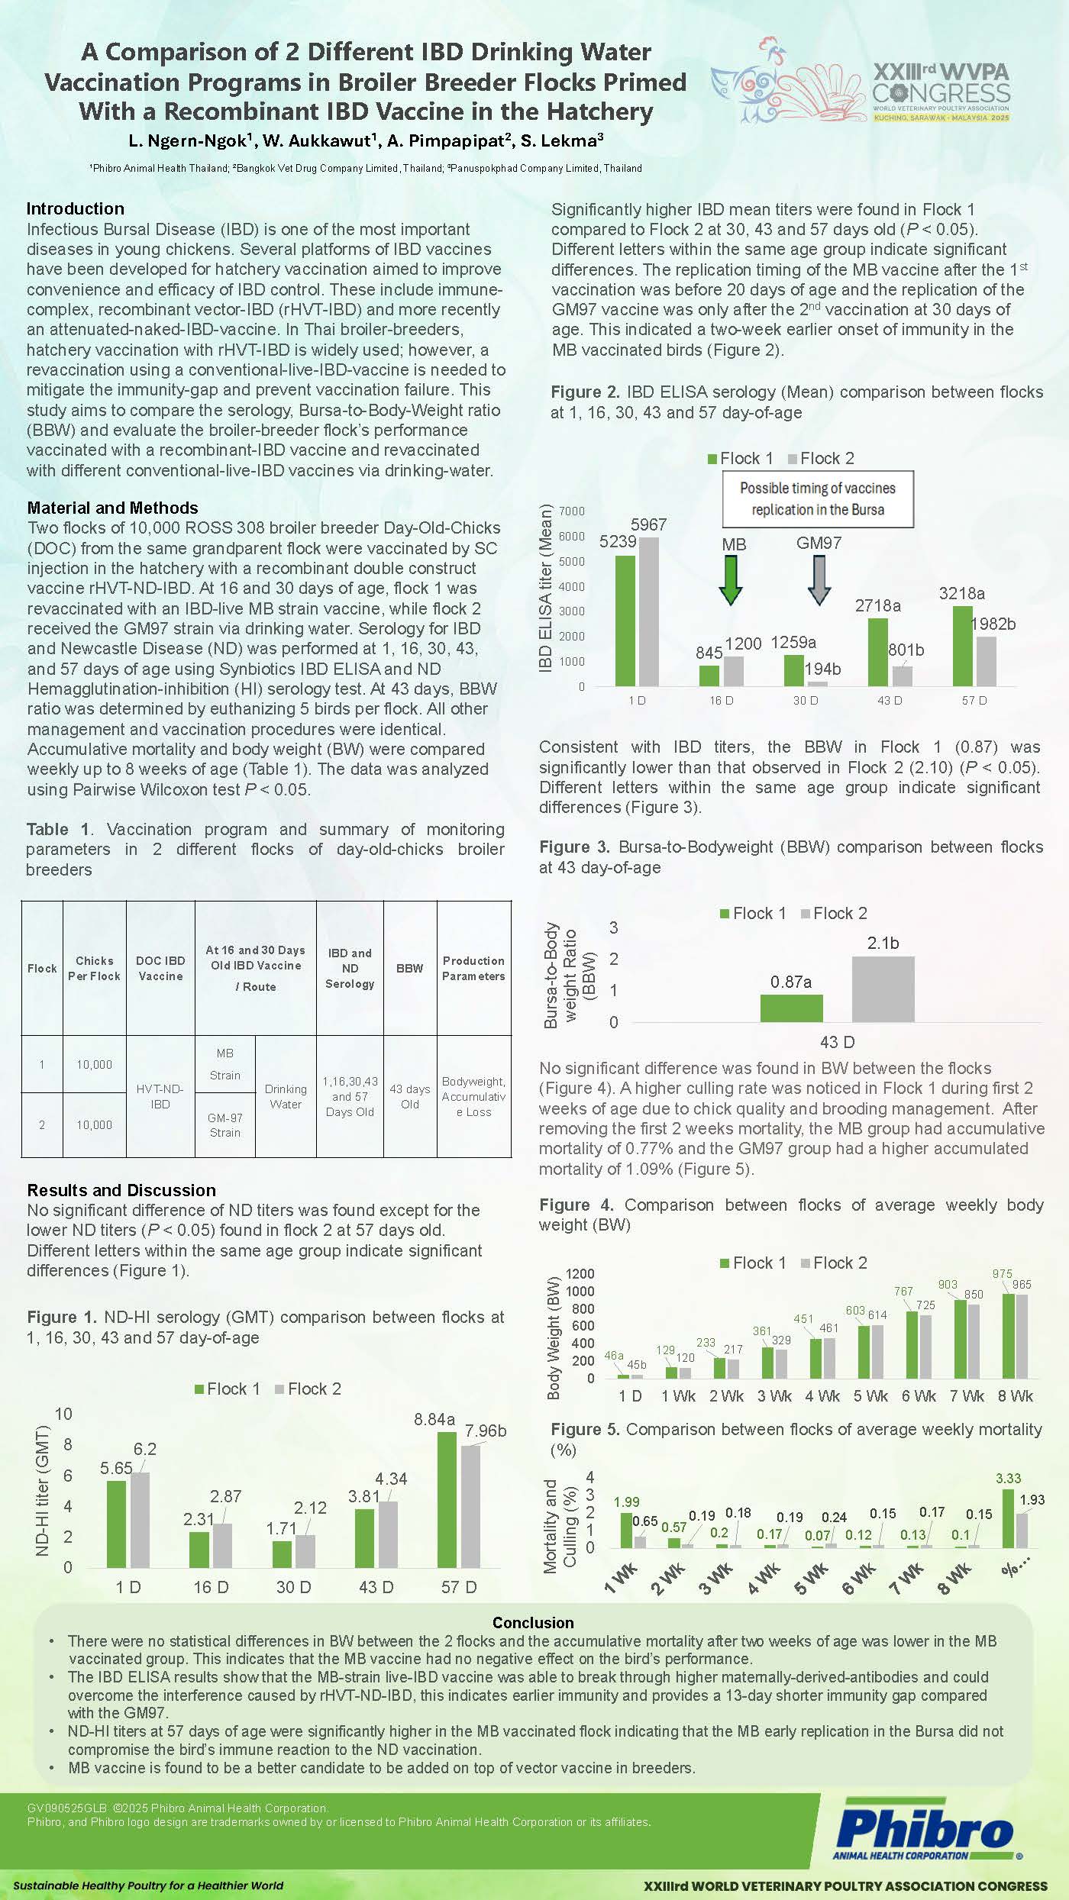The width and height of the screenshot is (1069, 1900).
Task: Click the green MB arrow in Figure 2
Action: coord(731,579)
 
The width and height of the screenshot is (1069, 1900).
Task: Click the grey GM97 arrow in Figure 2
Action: coord(819,579)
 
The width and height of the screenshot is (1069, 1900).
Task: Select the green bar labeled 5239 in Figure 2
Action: coord(625,620)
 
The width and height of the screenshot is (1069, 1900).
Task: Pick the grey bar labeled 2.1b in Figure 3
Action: coord(883,989)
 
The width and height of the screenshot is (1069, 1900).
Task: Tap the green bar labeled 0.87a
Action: coord(791,1008)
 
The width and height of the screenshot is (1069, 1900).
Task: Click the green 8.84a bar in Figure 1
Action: coord(447,1499)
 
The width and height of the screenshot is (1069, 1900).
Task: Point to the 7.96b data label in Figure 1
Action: coord(486,1431)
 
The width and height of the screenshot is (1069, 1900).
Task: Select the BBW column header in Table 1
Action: coord(409,968)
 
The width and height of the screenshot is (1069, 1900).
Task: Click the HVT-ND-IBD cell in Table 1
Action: coord(160,1096)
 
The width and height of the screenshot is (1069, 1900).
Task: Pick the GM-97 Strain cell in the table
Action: coord(224,1125)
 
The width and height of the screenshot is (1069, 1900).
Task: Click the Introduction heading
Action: coord(75,208)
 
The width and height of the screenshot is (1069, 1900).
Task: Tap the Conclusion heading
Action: coord(533,1623)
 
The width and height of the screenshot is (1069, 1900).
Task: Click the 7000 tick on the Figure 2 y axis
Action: coord(572,511)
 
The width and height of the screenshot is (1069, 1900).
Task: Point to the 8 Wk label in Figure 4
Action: coord(1015,1396)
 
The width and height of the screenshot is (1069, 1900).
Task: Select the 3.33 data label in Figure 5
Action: coord(1008,1479)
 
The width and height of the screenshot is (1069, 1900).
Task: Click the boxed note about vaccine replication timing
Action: coord(818,499)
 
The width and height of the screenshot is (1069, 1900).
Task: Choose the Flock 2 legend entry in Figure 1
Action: coord(308,1389)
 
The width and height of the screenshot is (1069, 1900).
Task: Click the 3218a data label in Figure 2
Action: coord(961,593)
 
